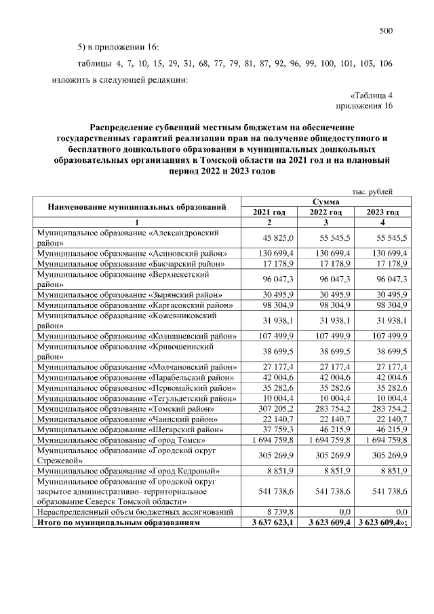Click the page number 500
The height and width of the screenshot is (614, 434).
[x=386, y=31]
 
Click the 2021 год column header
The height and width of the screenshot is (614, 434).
[x=269, y=212]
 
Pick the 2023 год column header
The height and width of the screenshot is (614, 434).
[x=382, y=212]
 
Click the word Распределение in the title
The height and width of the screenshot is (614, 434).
[x=124, y=127]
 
